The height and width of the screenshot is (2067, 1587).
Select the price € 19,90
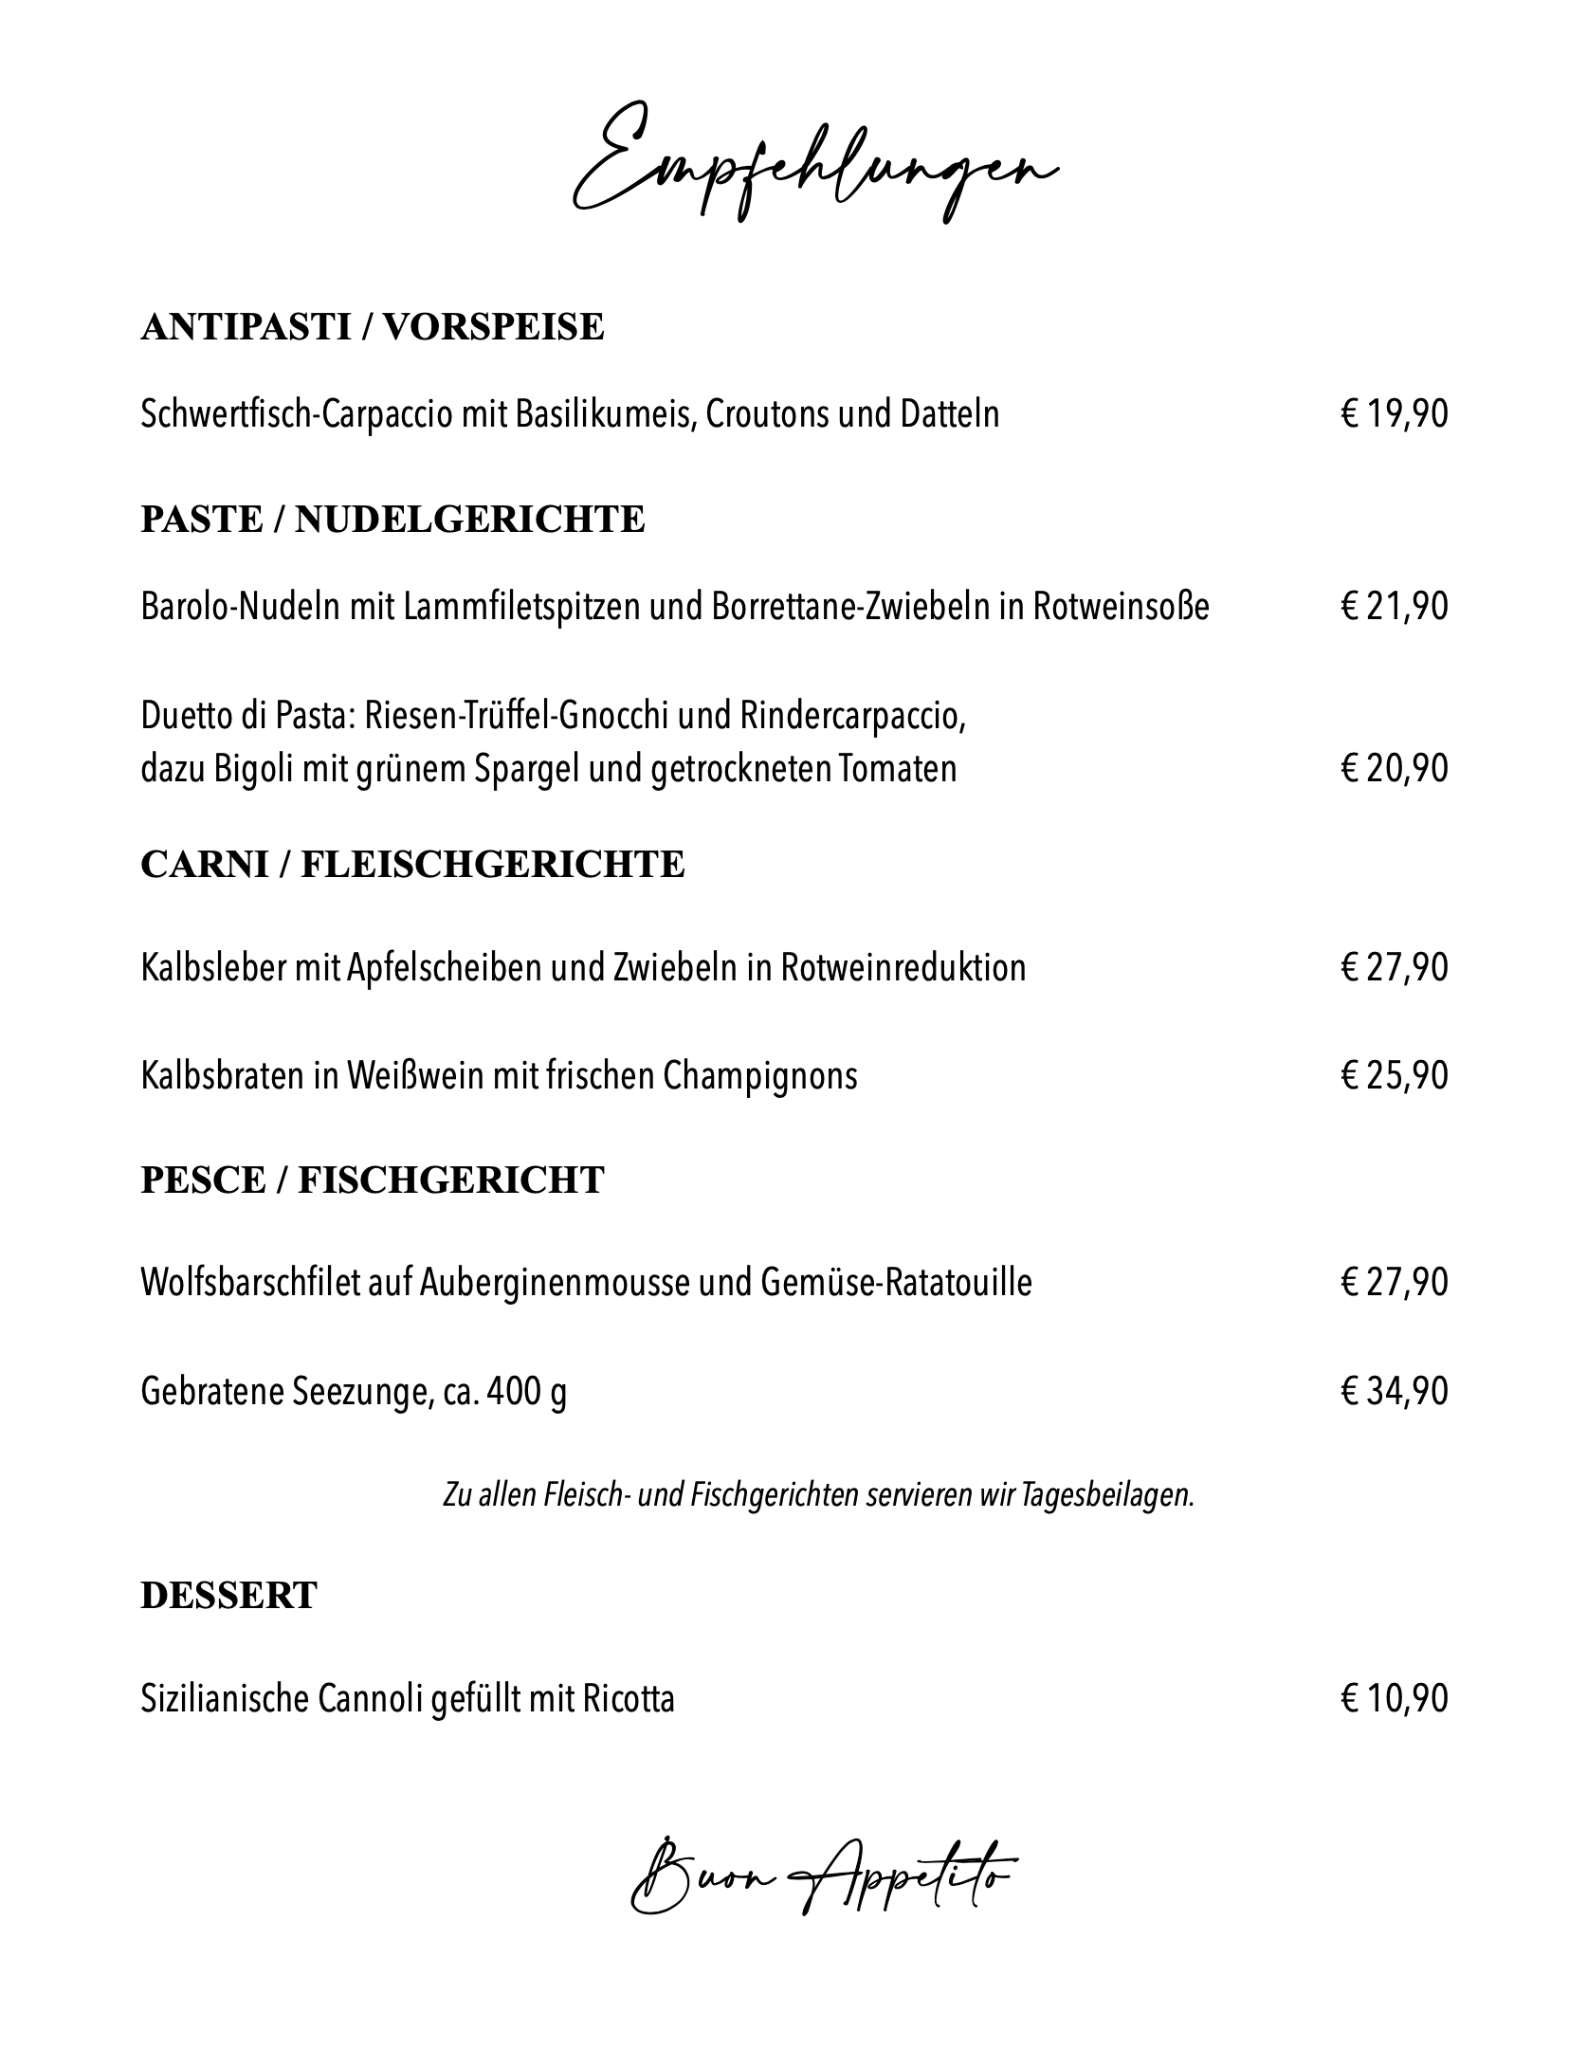[1394, 414]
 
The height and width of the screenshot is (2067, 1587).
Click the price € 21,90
[1394, 606]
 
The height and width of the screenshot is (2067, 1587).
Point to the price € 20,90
[1394, 768]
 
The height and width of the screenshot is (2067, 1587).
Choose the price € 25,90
[1394, 1075]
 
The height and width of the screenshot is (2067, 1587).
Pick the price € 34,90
[1394, 1391]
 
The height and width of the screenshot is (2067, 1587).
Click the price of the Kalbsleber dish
[1394, 967]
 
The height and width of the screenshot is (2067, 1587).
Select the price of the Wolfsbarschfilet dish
[1394, 1282]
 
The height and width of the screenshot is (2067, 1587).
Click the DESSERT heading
[228, 1596]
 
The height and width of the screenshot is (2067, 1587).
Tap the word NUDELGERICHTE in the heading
[469, 520]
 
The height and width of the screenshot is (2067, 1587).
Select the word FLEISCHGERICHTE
[492, 865]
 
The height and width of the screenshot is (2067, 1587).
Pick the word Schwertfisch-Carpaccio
[296, 415]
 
